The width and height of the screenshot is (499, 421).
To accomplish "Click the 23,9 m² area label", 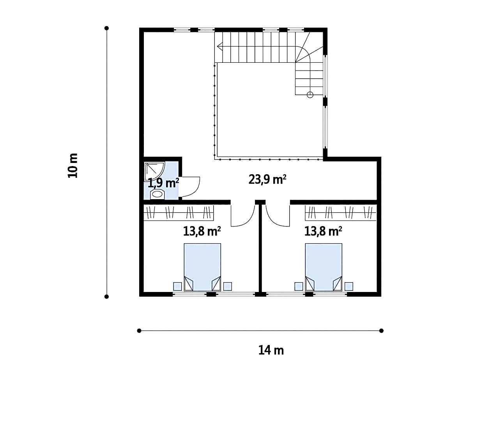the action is click(267, 179).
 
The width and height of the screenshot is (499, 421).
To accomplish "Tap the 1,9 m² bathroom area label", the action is click(163, 183).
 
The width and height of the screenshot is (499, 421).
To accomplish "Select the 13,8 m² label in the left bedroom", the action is click(202, 231).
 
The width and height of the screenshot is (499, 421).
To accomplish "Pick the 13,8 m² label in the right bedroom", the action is click(323, 231).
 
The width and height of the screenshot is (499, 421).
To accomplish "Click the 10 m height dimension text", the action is click(73, 166).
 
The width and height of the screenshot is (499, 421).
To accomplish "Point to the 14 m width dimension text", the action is click(271, 350).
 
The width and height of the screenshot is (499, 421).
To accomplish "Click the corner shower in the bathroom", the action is click(154, 171).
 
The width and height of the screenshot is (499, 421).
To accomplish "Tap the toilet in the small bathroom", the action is click(157, 194).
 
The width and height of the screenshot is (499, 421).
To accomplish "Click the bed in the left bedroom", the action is click(202, 267).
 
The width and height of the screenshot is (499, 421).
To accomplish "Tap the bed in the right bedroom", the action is click(324, 267).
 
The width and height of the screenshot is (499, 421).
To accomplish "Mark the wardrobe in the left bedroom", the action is click(179, 212).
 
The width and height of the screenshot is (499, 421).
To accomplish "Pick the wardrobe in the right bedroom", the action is click(341, 212).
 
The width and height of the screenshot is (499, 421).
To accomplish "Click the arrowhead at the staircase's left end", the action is click(219, 46).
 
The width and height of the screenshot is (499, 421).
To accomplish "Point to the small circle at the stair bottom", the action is click(310, 95).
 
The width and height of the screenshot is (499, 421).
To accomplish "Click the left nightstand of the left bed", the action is click(177, 286).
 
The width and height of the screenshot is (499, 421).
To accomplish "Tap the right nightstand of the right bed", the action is click(349, 286).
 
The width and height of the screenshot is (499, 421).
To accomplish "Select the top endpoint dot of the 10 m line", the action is click(106, 28).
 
